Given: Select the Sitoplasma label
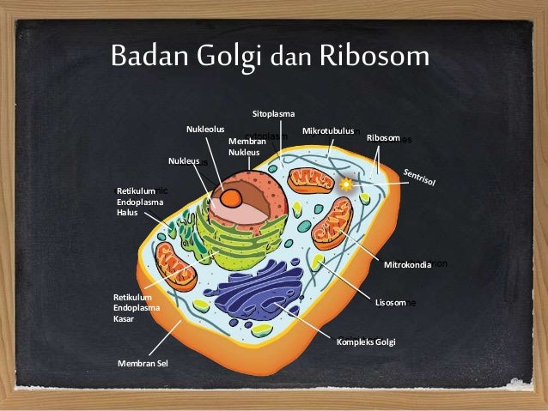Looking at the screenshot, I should [273, 114].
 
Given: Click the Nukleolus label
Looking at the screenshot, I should [205, 130].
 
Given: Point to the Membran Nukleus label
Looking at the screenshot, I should [243, 146].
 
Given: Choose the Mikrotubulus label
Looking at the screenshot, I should [328, 131].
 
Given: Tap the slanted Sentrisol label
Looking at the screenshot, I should [419, 177].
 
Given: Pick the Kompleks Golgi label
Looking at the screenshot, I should [367, 342].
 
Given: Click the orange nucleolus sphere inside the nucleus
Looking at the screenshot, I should [232, 197].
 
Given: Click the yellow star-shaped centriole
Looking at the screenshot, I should [347, 184].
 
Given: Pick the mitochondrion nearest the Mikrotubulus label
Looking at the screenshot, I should [310, 179].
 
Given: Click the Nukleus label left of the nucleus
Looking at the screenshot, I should [184, 160].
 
